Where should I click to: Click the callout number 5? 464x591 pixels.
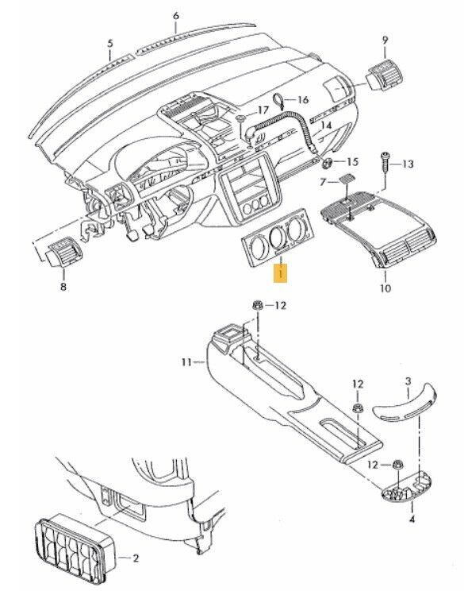pos(109,43)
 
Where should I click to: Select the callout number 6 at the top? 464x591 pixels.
pos(176,16)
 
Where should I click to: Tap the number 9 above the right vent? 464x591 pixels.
pos(385,39)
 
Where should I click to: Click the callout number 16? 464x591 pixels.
pos(302,99)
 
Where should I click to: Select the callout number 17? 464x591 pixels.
pos(263,110)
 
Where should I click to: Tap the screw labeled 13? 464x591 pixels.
pos(385,161)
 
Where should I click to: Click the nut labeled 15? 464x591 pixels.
pos(327,163)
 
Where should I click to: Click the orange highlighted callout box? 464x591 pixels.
pos(281,272)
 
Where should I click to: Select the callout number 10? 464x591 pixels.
pos(385,288)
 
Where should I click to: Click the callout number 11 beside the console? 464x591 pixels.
pos(187,362)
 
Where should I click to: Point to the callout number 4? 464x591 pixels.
pos(412,520)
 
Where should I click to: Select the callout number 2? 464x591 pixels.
pos(136,558)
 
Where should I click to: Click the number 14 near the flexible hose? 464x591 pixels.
pos(326,125)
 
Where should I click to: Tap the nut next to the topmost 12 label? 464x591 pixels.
pos(257,305)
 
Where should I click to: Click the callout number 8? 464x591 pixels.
pos(63,287)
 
